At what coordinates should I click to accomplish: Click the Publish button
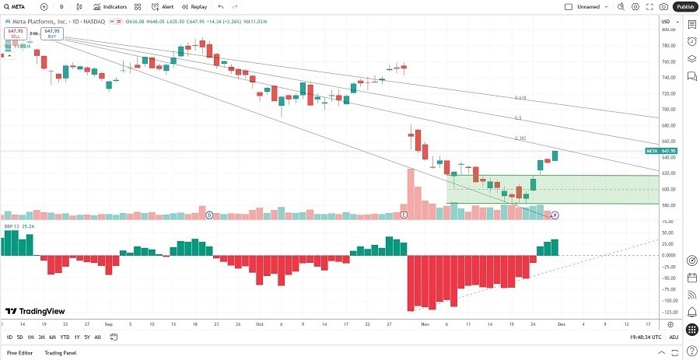[684, 6]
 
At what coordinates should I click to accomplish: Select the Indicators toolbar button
[110, 6]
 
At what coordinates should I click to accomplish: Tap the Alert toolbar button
[163, 6]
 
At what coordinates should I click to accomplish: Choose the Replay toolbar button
[194, 6]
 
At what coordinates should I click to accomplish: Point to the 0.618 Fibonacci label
[521, 98]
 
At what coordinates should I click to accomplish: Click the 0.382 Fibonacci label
[521, 138]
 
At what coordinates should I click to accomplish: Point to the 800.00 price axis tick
[667, 30]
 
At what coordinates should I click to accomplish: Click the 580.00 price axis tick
[667, 205]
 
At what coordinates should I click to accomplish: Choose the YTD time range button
[64, 337]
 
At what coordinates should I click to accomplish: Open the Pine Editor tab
[20, 353]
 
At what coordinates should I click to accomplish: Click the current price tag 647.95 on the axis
[668, 151]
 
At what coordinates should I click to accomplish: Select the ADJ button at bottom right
[674, 337]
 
